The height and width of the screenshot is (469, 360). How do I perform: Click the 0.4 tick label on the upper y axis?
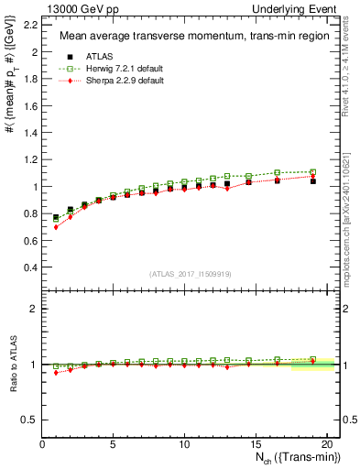click(29, 267)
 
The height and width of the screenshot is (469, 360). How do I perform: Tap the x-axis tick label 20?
click(325, 444)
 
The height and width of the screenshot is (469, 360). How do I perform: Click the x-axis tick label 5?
click(113, 444)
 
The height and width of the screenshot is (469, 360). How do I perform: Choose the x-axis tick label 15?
click(255, 444)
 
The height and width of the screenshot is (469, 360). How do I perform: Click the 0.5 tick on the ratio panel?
click(29, 420)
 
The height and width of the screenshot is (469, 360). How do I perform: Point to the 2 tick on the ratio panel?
click(34, 309)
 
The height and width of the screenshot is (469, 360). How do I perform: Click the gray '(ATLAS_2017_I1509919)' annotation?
click(188, 274)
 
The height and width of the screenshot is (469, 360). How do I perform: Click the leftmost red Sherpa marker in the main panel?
click(57, 226)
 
